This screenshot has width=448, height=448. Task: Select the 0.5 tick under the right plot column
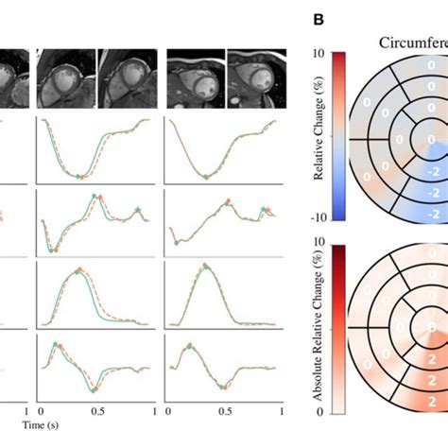tap(224, 413)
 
